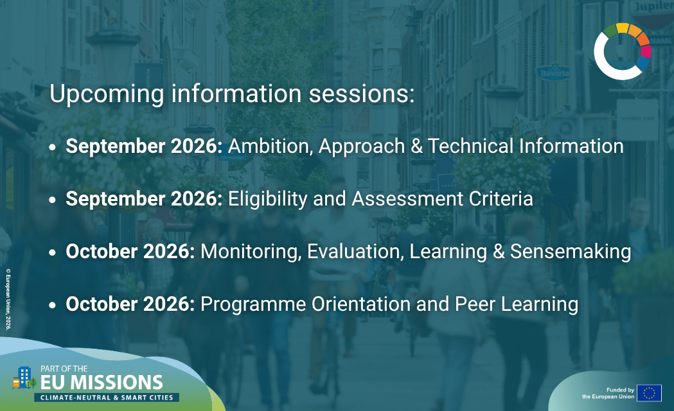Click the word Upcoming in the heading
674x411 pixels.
tap(107, 94)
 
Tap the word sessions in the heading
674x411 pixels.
tap(362, 94)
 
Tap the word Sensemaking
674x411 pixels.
tap(571, 252)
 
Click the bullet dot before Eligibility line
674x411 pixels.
tap(53, 200)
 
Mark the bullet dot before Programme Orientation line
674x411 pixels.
tap(53, 305)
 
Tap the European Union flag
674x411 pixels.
tap(649, 393)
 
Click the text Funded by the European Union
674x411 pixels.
tap(608, 394)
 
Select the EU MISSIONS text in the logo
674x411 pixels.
tap(102, 383)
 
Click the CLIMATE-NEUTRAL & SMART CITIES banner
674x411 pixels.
tap(107, 398)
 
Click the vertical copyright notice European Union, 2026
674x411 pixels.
tap(8, 300)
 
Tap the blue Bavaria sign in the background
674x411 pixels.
tap(554, 73)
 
